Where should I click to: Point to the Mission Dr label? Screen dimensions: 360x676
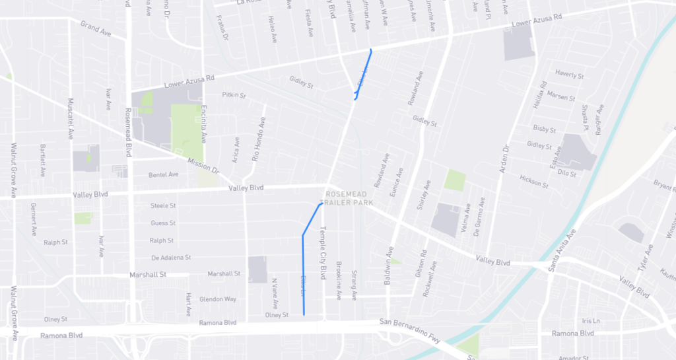(203, 165)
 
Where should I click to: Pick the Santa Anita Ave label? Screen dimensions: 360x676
(562, 252)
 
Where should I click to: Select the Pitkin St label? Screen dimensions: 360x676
(234, 95)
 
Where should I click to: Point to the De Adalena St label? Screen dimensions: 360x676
(171, 257)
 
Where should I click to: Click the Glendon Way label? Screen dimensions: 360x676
(218, 299)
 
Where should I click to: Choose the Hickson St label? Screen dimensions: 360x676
(534, 182)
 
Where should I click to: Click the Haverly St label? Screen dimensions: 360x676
(570, 75)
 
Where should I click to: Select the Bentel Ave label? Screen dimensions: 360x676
(164, 175)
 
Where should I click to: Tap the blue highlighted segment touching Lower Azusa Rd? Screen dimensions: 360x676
(363, 73)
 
